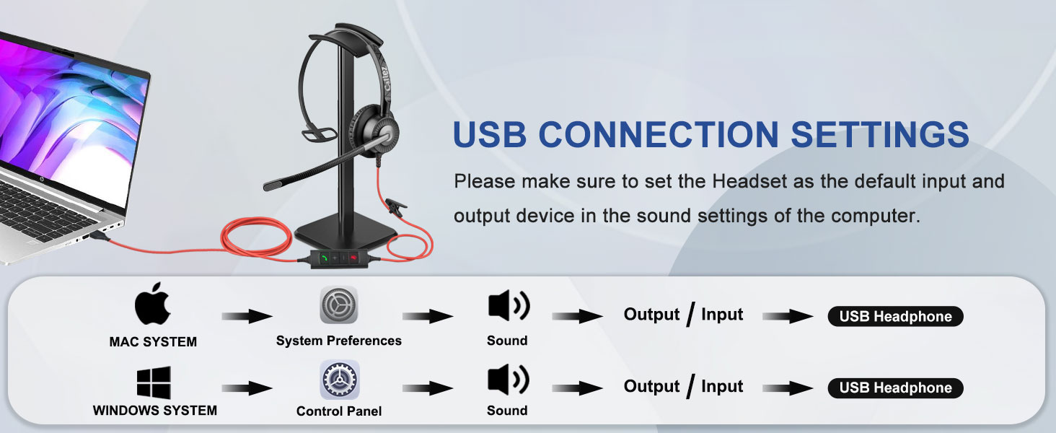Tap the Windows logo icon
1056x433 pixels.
pos(154,382)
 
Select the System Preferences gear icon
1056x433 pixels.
pos(338,307)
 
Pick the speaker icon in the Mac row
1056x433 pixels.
pos(509,307)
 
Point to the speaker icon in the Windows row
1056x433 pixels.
pos(509,380)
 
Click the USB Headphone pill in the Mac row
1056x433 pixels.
pos(895,316)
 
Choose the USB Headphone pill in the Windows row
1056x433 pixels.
pos(895,388)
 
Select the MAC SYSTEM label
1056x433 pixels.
pos(153,342)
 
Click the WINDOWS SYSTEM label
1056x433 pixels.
pos(154,411)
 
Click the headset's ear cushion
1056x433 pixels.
pos(379,131)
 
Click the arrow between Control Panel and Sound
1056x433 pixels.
pos(428,388)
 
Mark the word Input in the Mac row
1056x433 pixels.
pos(721,315)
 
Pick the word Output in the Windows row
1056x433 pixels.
pos(651,387)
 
